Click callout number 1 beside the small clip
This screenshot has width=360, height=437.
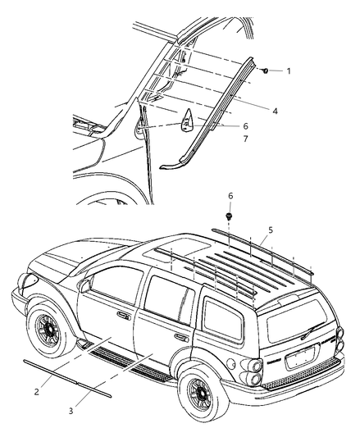coord(289,71)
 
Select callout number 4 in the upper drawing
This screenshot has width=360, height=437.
coord(275,112)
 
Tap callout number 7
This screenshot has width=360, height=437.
coord(245,139)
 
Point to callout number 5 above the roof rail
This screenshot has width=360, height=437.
coord(271,230)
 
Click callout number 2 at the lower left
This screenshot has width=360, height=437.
coord(37,392)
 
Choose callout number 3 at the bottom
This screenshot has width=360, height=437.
coord(71,411)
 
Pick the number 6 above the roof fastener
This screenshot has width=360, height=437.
coord(230,196)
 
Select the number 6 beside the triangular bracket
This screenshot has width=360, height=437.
coord(245,126)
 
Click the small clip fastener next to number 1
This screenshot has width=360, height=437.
coord(265,71)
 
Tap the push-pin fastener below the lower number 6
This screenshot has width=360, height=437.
coord(229,216)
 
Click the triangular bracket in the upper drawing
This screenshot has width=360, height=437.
coord(186,121)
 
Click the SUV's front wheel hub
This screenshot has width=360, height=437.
coord(49,330)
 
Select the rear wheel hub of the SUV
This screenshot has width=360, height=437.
coord(202,394)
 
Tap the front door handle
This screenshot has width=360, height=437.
coord(124,316)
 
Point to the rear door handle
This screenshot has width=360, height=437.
coord(181,337)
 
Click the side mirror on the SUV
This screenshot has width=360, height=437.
coord(84,286)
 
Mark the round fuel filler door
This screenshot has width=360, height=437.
coord(231,363)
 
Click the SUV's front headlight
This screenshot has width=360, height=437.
coord(28,280)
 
